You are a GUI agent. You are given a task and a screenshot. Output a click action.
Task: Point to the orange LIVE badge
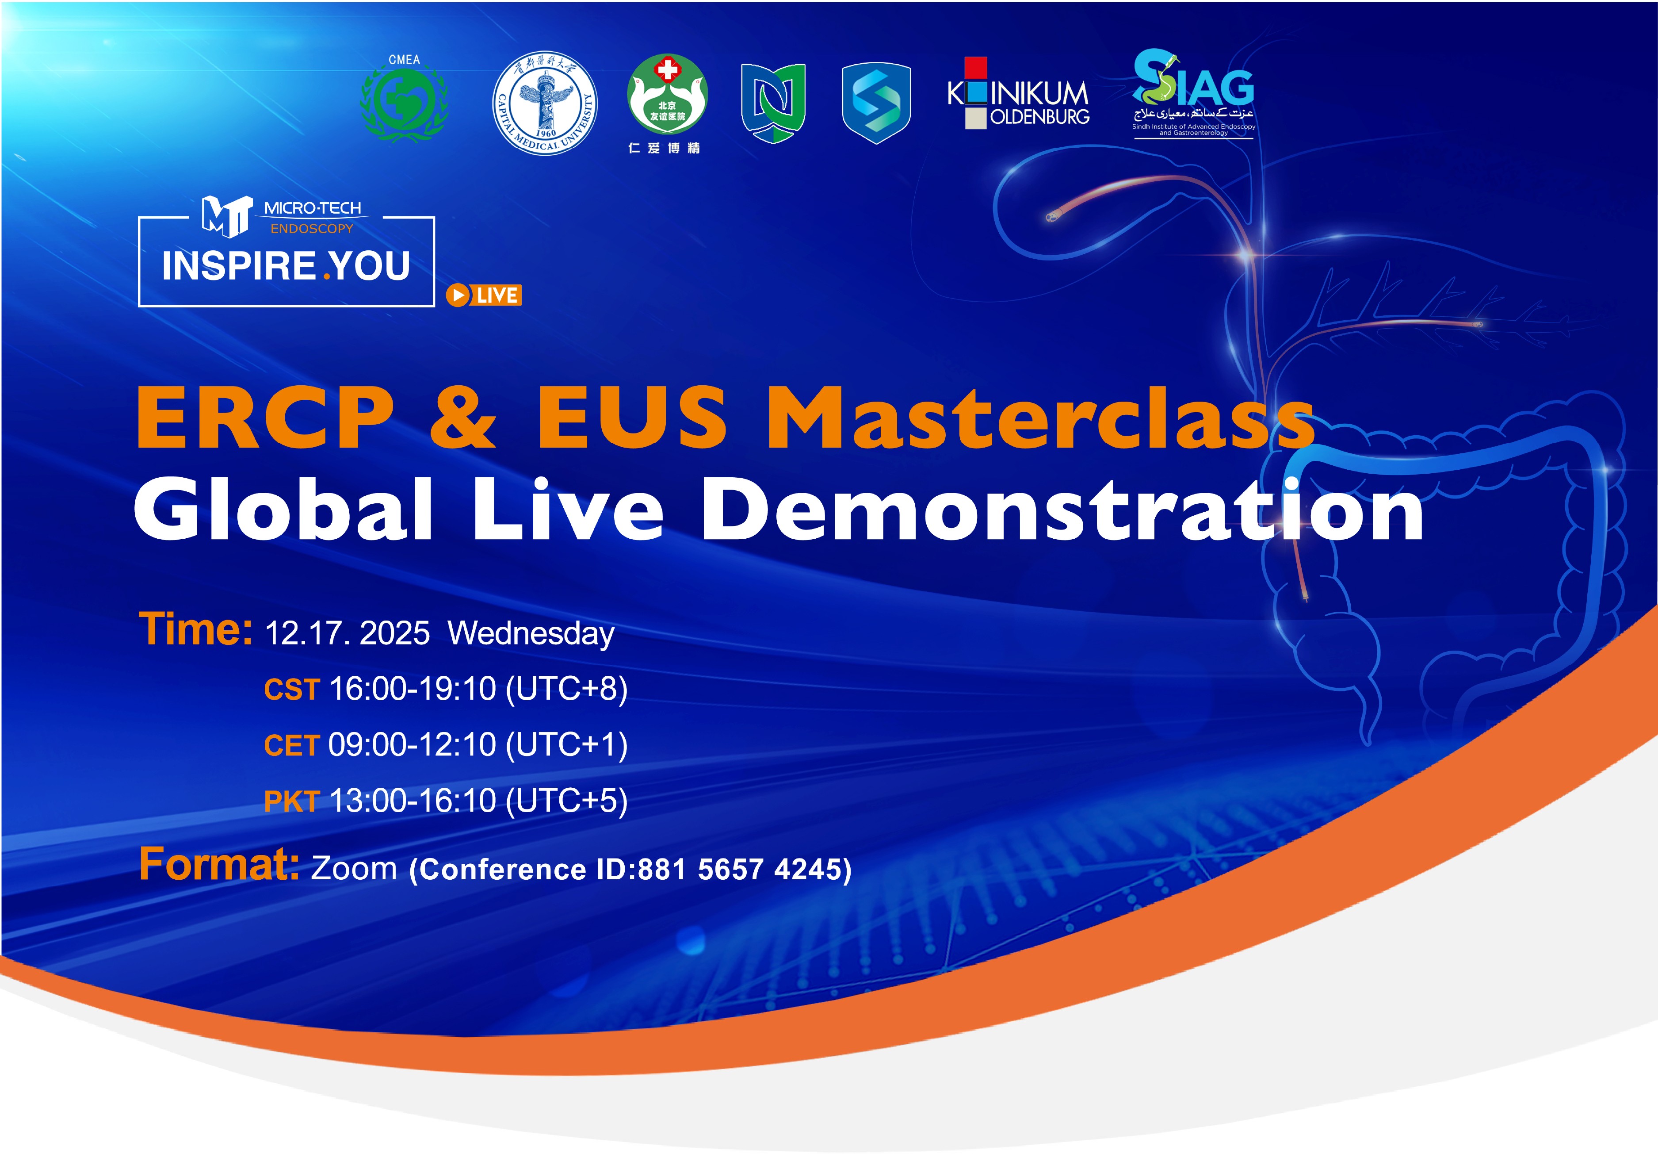point(484,295)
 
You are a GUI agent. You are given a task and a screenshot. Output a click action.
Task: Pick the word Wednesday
point(531,634)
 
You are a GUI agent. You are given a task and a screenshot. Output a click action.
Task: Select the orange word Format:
point(219,864)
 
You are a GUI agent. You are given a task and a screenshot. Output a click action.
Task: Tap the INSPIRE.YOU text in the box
point(286,266)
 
